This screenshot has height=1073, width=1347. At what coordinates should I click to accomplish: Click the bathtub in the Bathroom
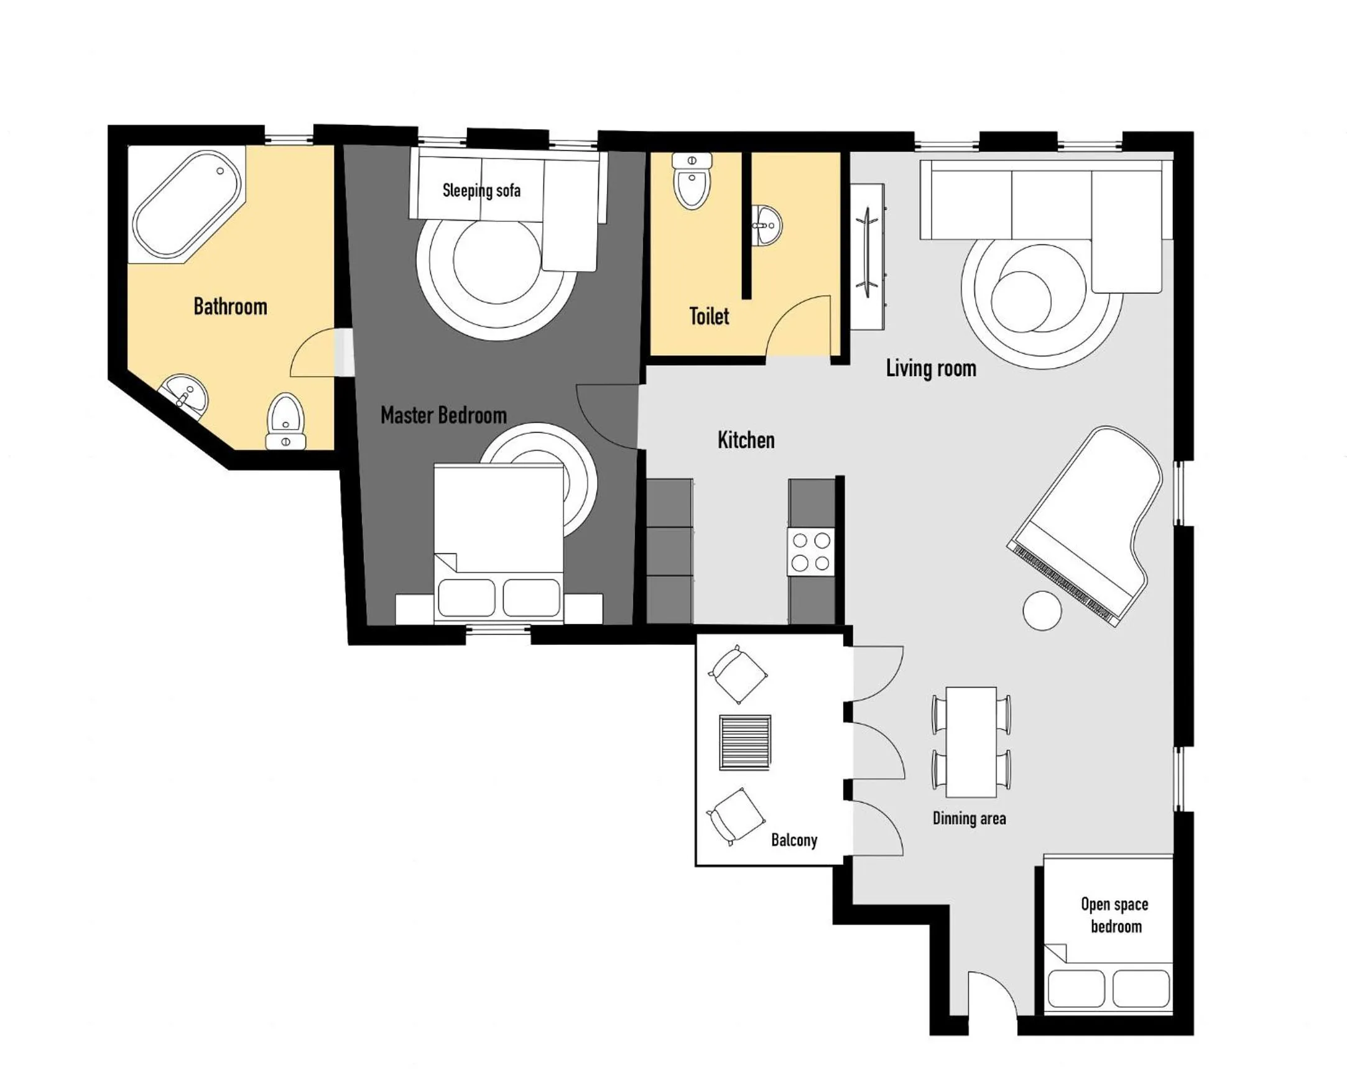[x=186, y=204]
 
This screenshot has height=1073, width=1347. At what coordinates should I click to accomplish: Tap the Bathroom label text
[x=230, y=306]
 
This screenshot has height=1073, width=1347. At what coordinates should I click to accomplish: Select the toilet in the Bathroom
[x=285, y=420]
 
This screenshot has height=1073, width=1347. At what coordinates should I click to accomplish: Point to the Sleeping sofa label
[x=481, y=190]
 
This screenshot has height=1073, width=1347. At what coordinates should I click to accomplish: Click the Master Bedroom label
[x=443, y=415]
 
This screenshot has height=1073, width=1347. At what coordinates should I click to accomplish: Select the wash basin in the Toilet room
[x=766, y=226]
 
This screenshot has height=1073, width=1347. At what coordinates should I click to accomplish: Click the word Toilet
[x=708, y=316]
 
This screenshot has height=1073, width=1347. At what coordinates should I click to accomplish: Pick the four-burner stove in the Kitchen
[x=811, y=551]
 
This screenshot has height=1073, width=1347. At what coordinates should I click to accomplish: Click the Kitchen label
[x=746, y=440]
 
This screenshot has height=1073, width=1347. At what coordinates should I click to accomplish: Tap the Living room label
[x=930, y=369]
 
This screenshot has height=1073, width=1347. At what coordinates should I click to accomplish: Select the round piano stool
[x=1042, y=610]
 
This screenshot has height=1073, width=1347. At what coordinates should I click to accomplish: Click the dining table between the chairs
[x=970, y=742]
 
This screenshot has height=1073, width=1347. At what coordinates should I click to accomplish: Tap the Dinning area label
[x=969, y=819]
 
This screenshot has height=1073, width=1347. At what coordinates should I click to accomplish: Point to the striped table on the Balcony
[x=745, y=743]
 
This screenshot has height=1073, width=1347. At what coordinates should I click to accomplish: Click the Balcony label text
[x=794, y=840]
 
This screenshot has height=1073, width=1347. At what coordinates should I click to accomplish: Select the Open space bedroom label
[x=1114, y=916]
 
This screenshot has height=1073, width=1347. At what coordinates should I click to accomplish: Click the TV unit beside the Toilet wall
[x=868, y=257]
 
